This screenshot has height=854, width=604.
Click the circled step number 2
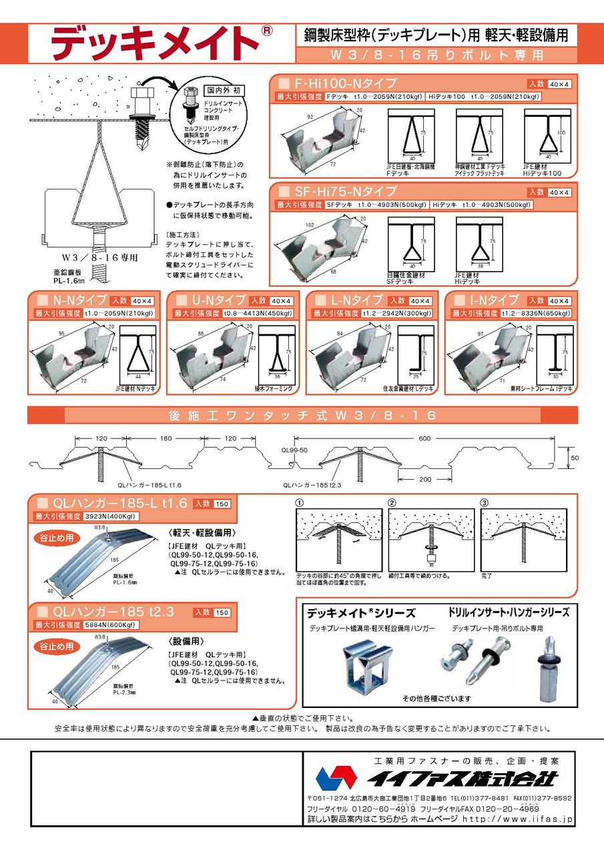pyautogui.click(x=392, y=502)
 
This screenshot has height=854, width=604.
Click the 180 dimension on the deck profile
pyautogui.click(x=166, y=438)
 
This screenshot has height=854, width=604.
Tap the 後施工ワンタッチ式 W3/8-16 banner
pyautogui.click(x=302, y=416)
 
